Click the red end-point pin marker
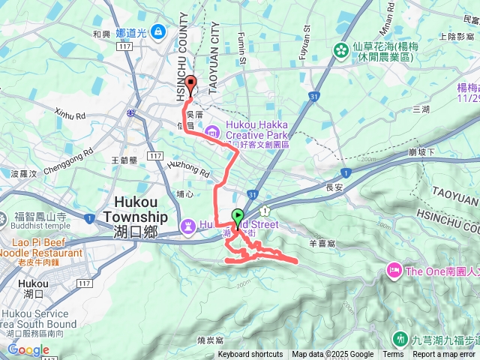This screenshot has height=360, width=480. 190,85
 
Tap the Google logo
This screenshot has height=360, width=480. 28,349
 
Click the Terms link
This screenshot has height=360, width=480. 393,355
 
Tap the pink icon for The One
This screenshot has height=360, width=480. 393,270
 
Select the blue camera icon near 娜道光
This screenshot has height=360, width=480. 157,31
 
